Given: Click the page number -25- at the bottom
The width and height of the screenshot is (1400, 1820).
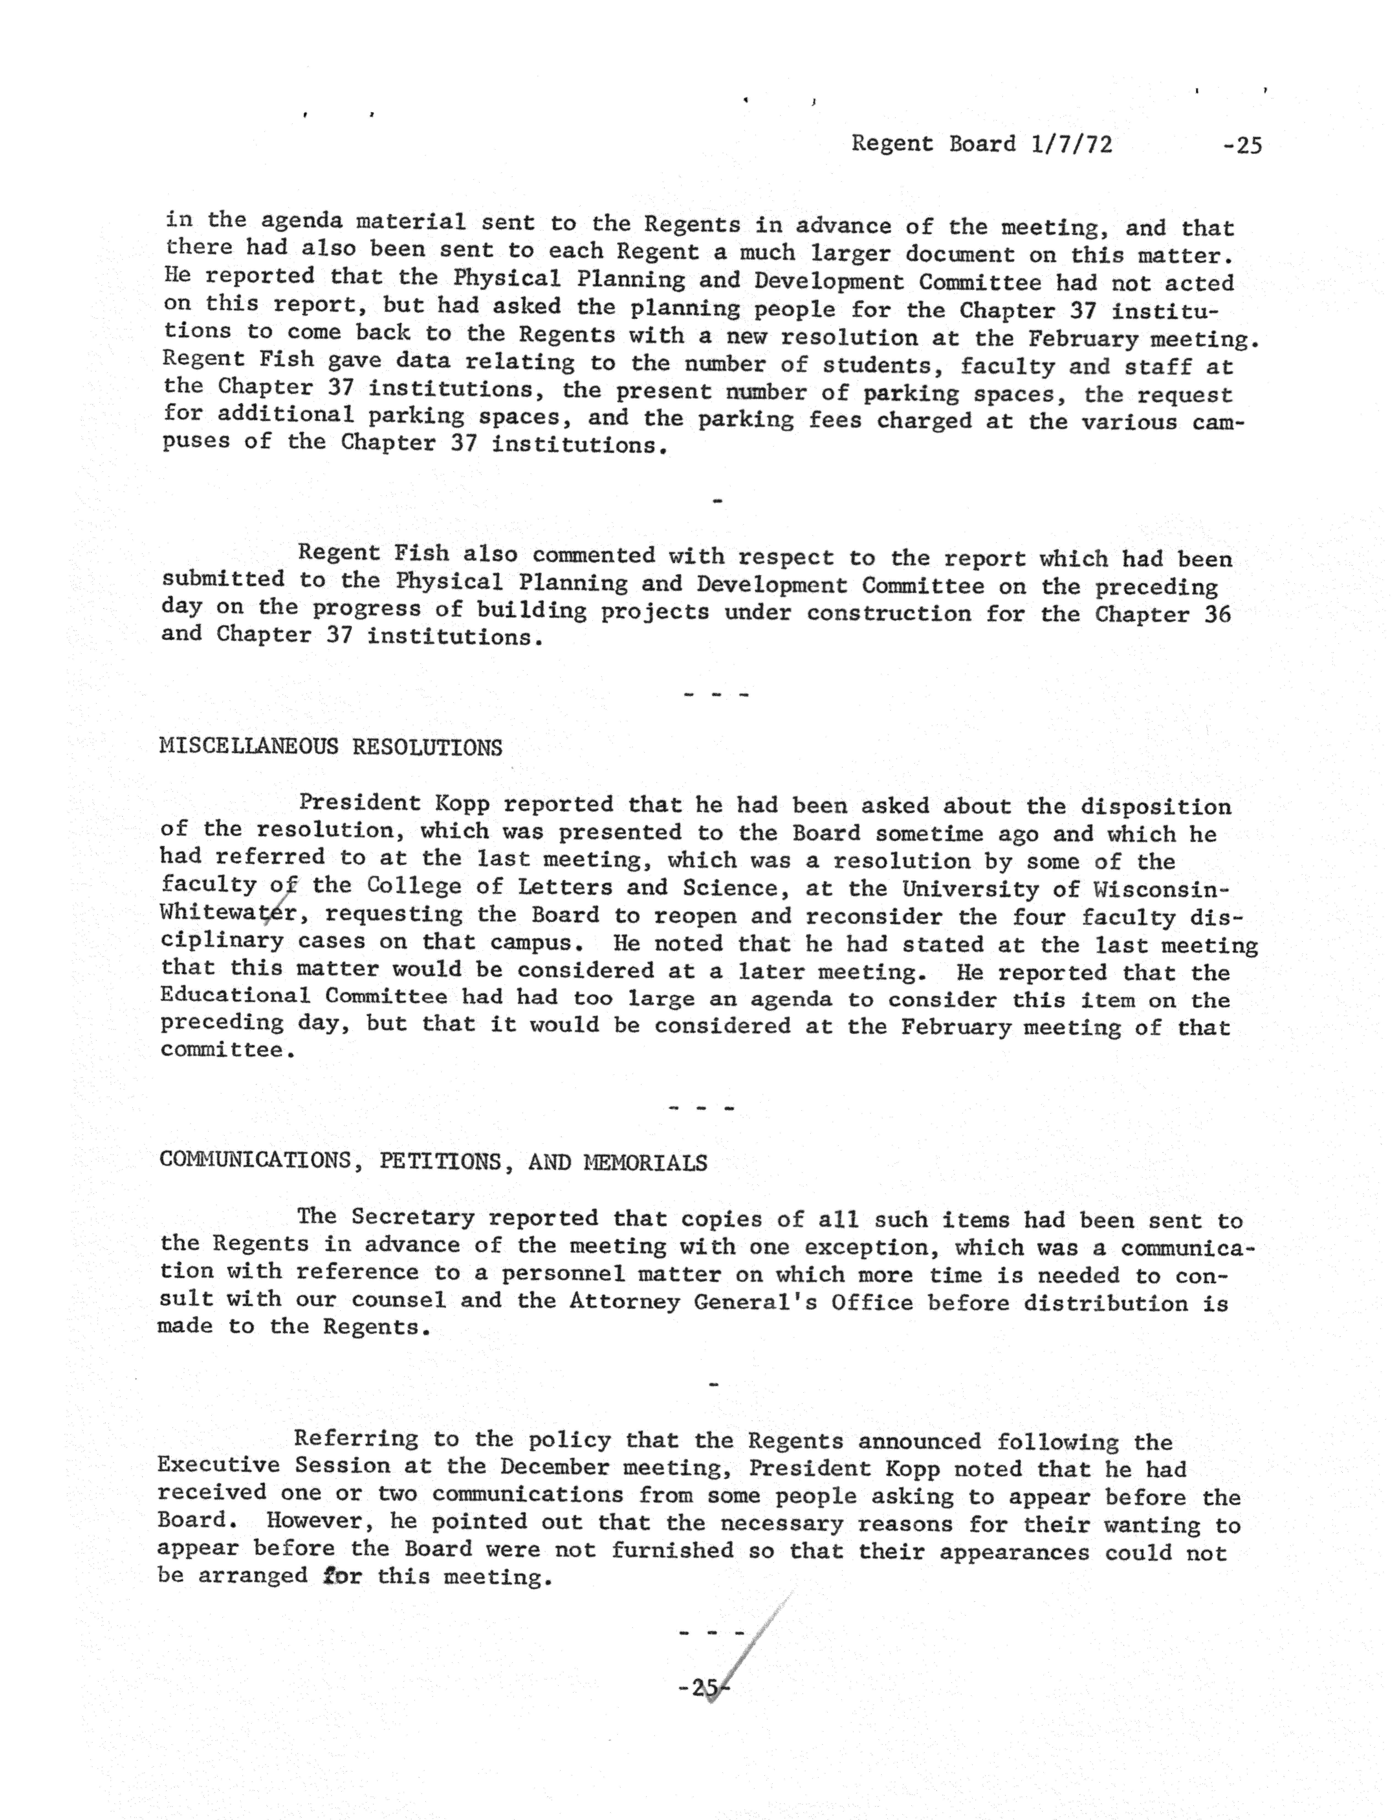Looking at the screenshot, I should pyautogui.click(x=704, y=1689).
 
